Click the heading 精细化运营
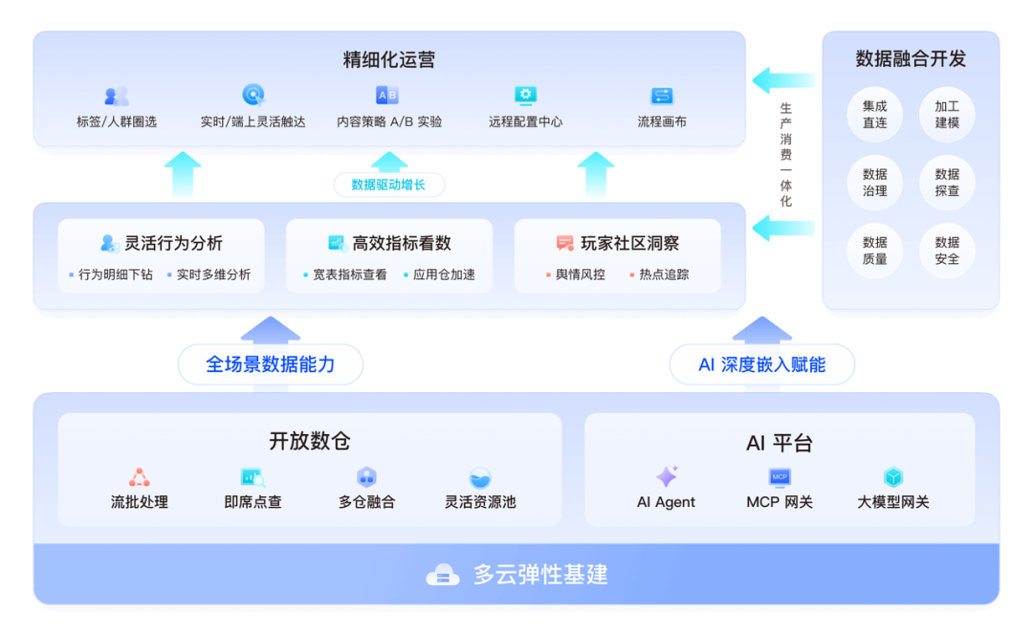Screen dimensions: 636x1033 pyautogui.click(x=389, y=60)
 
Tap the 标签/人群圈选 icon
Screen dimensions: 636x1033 pyautogui.click(x=117, y=96)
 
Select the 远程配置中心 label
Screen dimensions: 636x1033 pyautogui.click(x=525, y=122)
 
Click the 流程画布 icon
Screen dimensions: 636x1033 pyautogui.click(x=662, y=96)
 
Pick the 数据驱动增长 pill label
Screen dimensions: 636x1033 pyautogui.click(x=388, y=185)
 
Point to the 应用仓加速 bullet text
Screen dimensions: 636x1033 pyautogui.click(x=444, y=274)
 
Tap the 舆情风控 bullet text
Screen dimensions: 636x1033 pyautogui.click(x=580, y=274)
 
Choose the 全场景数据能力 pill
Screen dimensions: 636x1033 pyautogui.click(x=271, y=364)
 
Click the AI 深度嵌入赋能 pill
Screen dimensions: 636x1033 pyautogui.click(x=761, y=364)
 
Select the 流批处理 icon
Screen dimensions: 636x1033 pyautogui.click(x=140, y=476)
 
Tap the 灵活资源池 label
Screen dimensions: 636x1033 pyautogui.click(x=480, y=502)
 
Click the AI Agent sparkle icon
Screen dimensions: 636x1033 pyautogui.click(x=667, y=476)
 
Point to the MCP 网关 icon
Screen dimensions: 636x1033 pyautogui.click(x=780, y=476)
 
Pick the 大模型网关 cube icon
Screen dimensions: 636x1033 pyautogui.click(x=893, y=476)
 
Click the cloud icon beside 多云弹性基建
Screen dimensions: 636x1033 pyautogui.click(x=443, y=575)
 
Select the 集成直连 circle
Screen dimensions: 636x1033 pyautogui.click(x=875, y=115)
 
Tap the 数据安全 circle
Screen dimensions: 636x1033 pyautogui.click(x=947, y=251)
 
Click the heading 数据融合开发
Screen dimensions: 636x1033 pyautogui.click(x=911, y=59)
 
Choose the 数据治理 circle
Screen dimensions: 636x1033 pyautogui.click(x=875, y=183)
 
